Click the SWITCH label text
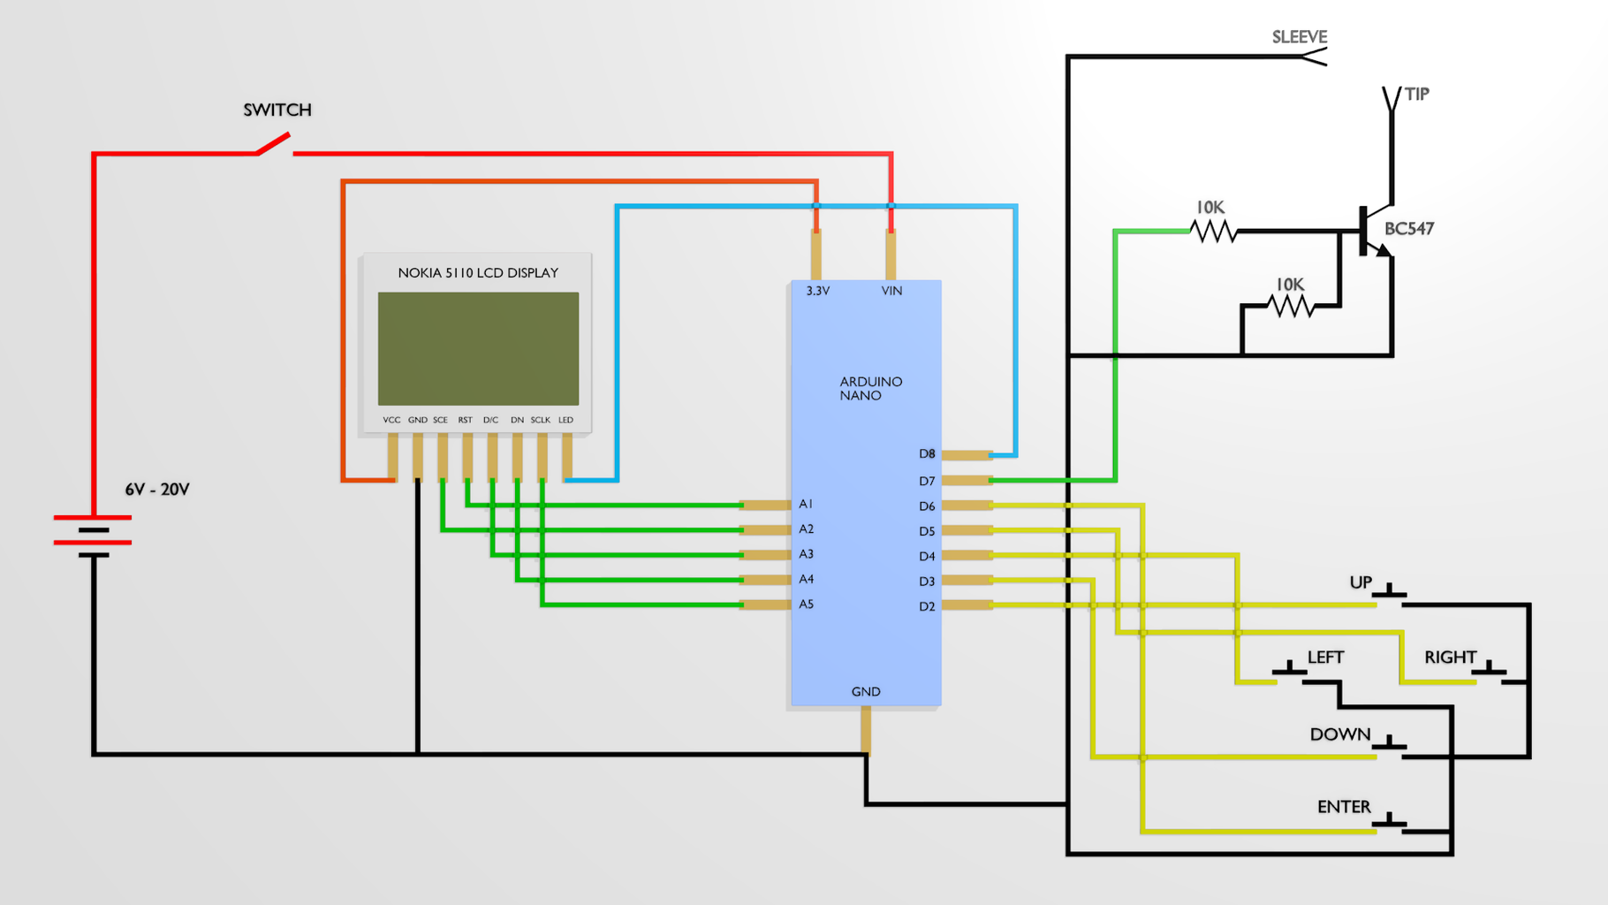tap(277, 110)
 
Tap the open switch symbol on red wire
tap(275, 144)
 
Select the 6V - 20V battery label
tap(157, 490)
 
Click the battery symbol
tap(93, 536)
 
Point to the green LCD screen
tap(478, 348)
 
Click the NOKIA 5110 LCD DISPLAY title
tap(478, 273)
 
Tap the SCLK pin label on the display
tap(540, 421)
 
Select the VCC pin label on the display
tap(391, 421)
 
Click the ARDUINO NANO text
tap(870, 389)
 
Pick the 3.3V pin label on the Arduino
tap(817, 291)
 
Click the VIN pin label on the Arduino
tap(891, 291)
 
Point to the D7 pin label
tap(926, 482)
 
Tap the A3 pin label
tap(806, 554)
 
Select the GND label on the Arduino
tap(866, 692)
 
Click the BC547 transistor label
tap(1408, 229)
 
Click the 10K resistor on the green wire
tap(1213, 231)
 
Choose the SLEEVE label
tap(1299, 37)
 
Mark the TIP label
tap(1416, 95)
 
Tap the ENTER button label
tap(1344, 807)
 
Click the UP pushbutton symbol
tap(1390, 593)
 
